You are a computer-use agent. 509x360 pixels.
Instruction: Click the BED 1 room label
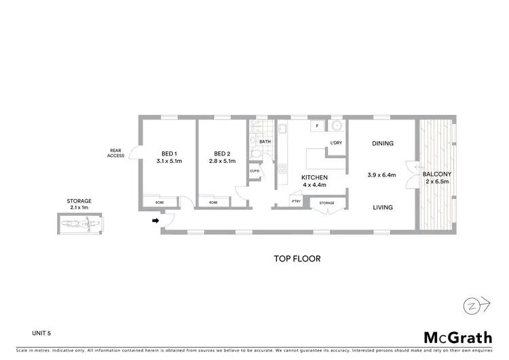tap(168, 154)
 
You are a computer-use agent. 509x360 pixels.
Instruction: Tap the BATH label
tap(265, 141)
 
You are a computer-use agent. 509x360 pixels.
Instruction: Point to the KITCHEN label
tap(314, 179)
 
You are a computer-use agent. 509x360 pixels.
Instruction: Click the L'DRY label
tap(335, 142)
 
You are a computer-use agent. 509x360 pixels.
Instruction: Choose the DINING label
tap(383, 143)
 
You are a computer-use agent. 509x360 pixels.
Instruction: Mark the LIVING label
tap(383, 208)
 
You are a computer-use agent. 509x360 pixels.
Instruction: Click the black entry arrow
tap(155, 220)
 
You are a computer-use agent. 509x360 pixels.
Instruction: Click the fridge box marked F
tap(316, 126)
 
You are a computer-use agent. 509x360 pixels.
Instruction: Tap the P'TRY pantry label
tap(296, 202)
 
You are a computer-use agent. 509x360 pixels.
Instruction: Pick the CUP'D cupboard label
tap(254, 170)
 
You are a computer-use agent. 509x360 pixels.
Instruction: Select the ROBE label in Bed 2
tap(213, 202)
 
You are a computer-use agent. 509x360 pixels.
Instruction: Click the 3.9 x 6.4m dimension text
tap(383, 175)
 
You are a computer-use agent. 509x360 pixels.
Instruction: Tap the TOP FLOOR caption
tap(297, 259)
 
